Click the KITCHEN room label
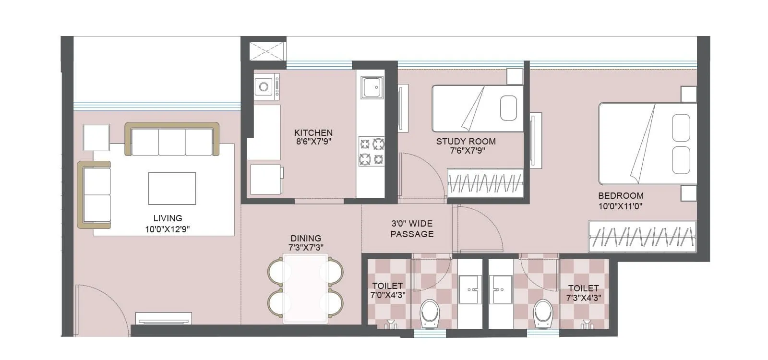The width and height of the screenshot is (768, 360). click(313, 133)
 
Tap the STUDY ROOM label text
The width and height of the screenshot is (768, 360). click(466, 142)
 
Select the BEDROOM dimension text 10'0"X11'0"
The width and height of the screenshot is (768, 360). click(620, 207)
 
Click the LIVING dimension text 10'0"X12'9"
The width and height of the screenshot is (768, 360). click(168, 229)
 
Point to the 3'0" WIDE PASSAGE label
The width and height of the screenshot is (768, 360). click(412, 229)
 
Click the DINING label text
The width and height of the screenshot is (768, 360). click(306, 239)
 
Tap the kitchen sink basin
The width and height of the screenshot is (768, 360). click(372, 88)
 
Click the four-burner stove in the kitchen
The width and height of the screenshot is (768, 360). click(372, 151)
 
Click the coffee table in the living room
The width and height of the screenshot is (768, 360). click(172, 189)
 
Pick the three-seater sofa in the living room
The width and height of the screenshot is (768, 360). click(172, 140)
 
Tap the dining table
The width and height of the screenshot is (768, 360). click(306, 288)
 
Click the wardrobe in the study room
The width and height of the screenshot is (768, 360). click(485, 183)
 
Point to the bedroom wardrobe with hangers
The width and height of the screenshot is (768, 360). click(642, 236)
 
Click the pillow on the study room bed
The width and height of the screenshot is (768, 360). click(508, 108)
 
